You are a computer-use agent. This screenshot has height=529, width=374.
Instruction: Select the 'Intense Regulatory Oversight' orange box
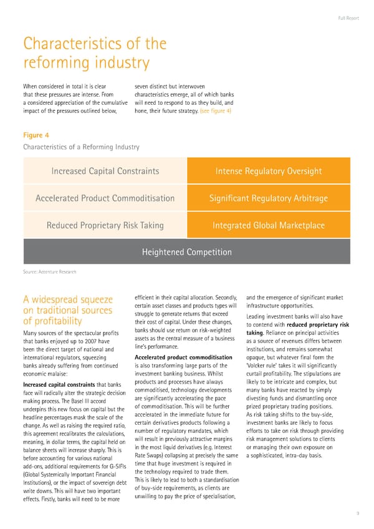click(x=268, y=171)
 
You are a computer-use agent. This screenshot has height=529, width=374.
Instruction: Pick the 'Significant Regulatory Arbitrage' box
click(x=268, y=198)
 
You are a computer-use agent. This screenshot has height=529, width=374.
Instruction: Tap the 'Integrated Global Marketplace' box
click(x=268, y=225)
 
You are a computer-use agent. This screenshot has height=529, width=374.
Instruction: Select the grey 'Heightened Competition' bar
click(x=186, y=252)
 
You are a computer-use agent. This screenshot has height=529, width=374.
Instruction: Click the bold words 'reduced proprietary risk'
click(x=315, y=324)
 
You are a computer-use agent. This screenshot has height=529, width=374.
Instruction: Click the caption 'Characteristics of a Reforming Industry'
click(x=81, y=147)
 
